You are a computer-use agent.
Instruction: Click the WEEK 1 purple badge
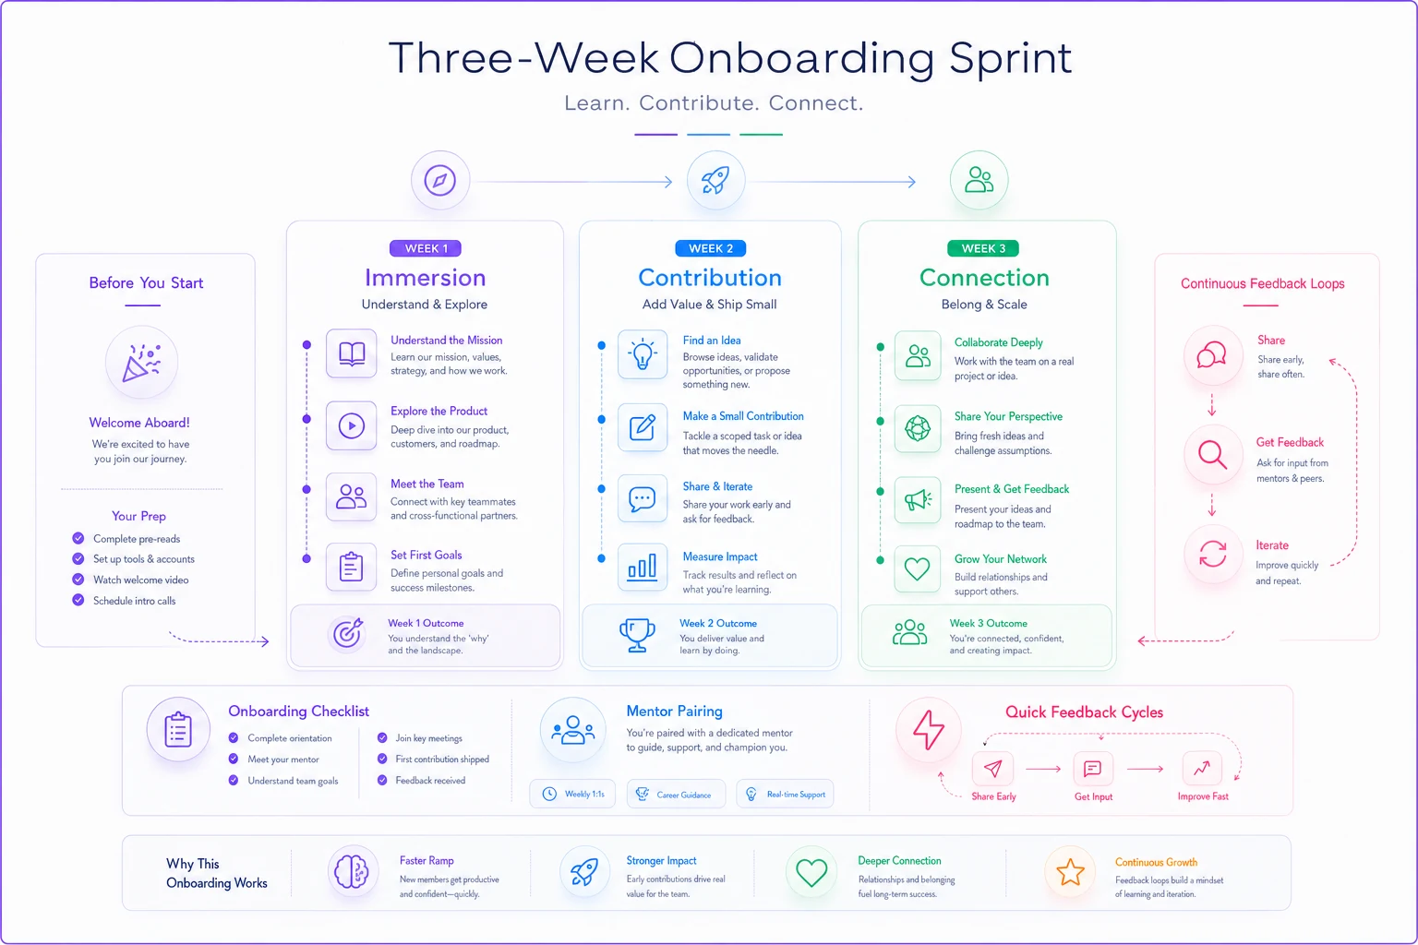pyautogui.click(x=426, y=248)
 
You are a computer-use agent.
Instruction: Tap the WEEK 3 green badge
pyautogui.click(x=983, y=248)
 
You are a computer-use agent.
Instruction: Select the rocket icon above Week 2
pyautogui.click(x=715, y=180)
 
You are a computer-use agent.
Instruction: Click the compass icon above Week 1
pyautogui.click(x=440, y=180)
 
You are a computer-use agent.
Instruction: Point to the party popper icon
pyautogui.click(x=141, y=362)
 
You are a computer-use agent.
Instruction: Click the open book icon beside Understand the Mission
pyautogui.click(x=352, y=353)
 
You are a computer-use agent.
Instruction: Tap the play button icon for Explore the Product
pyautogui.click(x=352, y=425)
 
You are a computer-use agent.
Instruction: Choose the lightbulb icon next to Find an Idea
pyautogui.click(x=643, y=353)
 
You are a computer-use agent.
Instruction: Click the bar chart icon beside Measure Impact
pyautogui.click(x=643, y=567)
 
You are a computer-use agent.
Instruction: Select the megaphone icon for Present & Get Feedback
pyautogui.click(x=918, y=500)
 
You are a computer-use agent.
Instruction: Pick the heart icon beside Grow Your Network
pyautogui.click(x=918, y=568)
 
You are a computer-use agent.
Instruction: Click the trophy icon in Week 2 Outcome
pyautogui.click(x=638, y=635)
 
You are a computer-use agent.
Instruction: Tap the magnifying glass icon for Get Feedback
pyautogui.click(x=1213, y=454)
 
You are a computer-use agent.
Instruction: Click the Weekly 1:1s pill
pyautogui.click(x=572, y=794)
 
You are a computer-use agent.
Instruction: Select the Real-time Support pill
pyautogui.click(x=785, y=794)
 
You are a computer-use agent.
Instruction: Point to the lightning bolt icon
pyautogui.click(x=928, y=730)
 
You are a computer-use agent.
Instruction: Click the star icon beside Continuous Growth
pyautogui.click(x=1070, y=872)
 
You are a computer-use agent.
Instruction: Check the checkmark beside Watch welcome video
pyautogui.click(x=78, y=580)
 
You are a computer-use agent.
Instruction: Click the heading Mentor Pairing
pyautogui.click(x=674, y=711)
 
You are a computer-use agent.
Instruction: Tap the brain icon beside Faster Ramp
pyautogui.click(x=352, y=871)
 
